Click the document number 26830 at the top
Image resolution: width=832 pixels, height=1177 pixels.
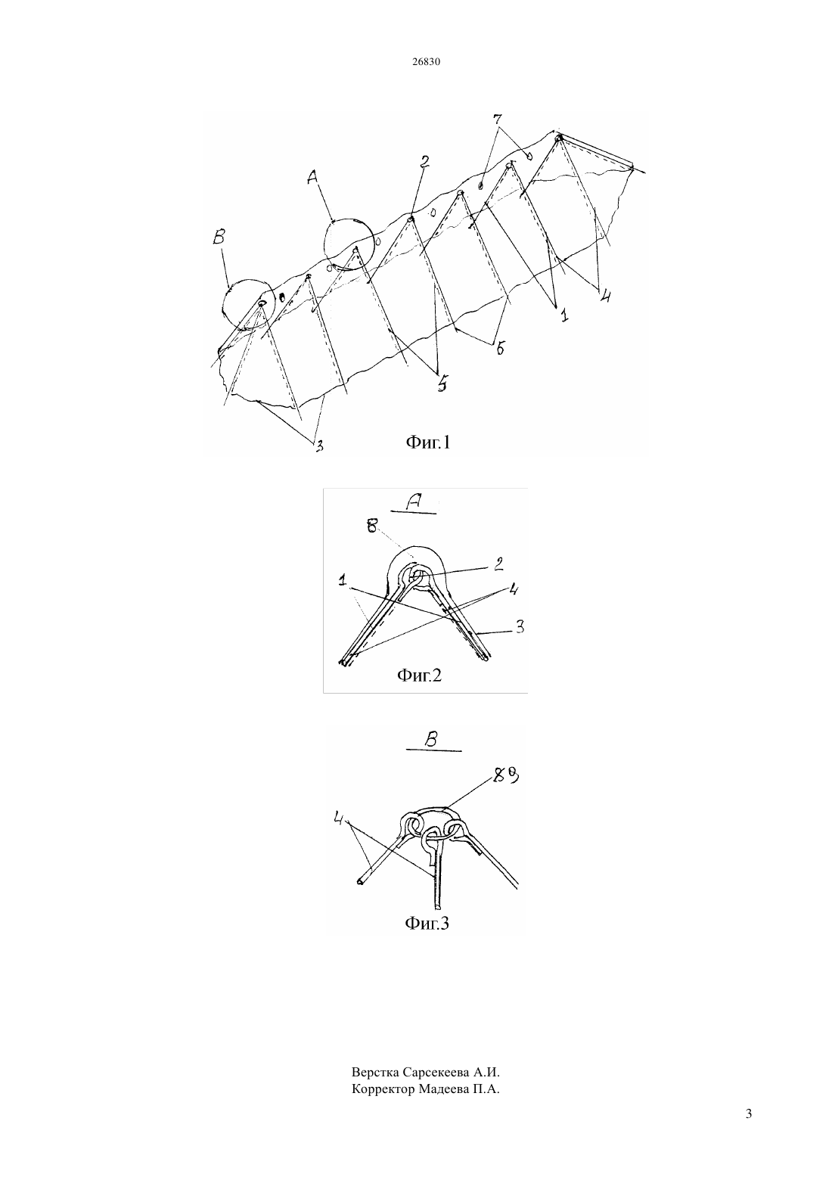pyautogui.click(x=426, y=62)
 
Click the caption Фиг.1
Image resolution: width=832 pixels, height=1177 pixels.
pyautogui.click(x=427, y=443)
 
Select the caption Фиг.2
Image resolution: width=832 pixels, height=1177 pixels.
pyautogui.click(x=419, y=675)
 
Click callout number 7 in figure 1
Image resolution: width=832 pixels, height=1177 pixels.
pyautogui.click(x=498, y=119)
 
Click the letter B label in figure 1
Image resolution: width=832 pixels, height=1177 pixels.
pyautogui.click(x=219, y=238)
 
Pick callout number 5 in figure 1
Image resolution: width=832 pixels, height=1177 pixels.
pyautogui.click(x=442, y=384)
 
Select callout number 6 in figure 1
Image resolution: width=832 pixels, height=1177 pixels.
pyautogui.click(x=501, y=348)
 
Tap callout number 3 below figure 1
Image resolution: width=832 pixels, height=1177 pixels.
pyautogui.click(x=318, y=446)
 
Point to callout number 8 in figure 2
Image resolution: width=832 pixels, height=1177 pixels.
pyautogui.click(x=372, y=526)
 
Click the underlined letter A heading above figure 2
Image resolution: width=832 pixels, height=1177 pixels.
pyautogui.click(x=414, y=502)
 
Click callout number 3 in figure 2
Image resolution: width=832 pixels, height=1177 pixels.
pyautogui.click(x=520, y=627)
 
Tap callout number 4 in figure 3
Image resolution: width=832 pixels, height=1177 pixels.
pyautogui.click(x=340, y=818)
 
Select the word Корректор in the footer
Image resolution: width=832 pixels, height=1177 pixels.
pyautogui.click(x=383, y=1089)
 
